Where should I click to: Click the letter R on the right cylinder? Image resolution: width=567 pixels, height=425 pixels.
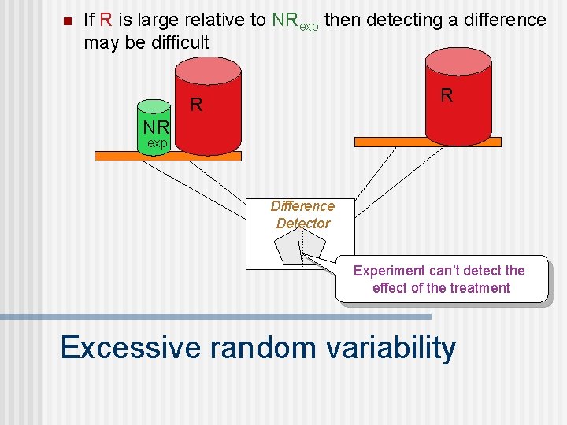pos(447,96)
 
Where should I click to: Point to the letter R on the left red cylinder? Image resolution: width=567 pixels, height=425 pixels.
pos(196,105)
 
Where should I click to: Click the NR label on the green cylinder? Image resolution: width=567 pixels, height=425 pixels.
pos(156,128)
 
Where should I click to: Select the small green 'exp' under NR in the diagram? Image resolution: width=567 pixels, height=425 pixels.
pos(157,143)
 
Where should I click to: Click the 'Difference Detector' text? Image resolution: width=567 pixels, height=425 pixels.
pos(302,214)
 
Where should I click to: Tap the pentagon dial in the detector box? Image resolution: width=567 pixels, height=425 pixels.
pos(299,250)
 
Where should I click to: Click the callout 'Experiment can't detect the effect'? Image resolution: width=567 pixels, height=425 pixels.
pos(439,279)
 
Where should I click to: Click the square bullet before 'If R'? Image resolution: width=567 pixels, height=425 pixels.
pos(65,20)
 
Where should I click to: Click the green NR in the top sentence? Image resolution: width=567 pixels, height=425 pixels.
pos(284,20)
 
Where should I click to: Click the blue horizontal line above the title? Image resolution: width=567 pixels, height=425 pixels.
pos(216,316)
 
